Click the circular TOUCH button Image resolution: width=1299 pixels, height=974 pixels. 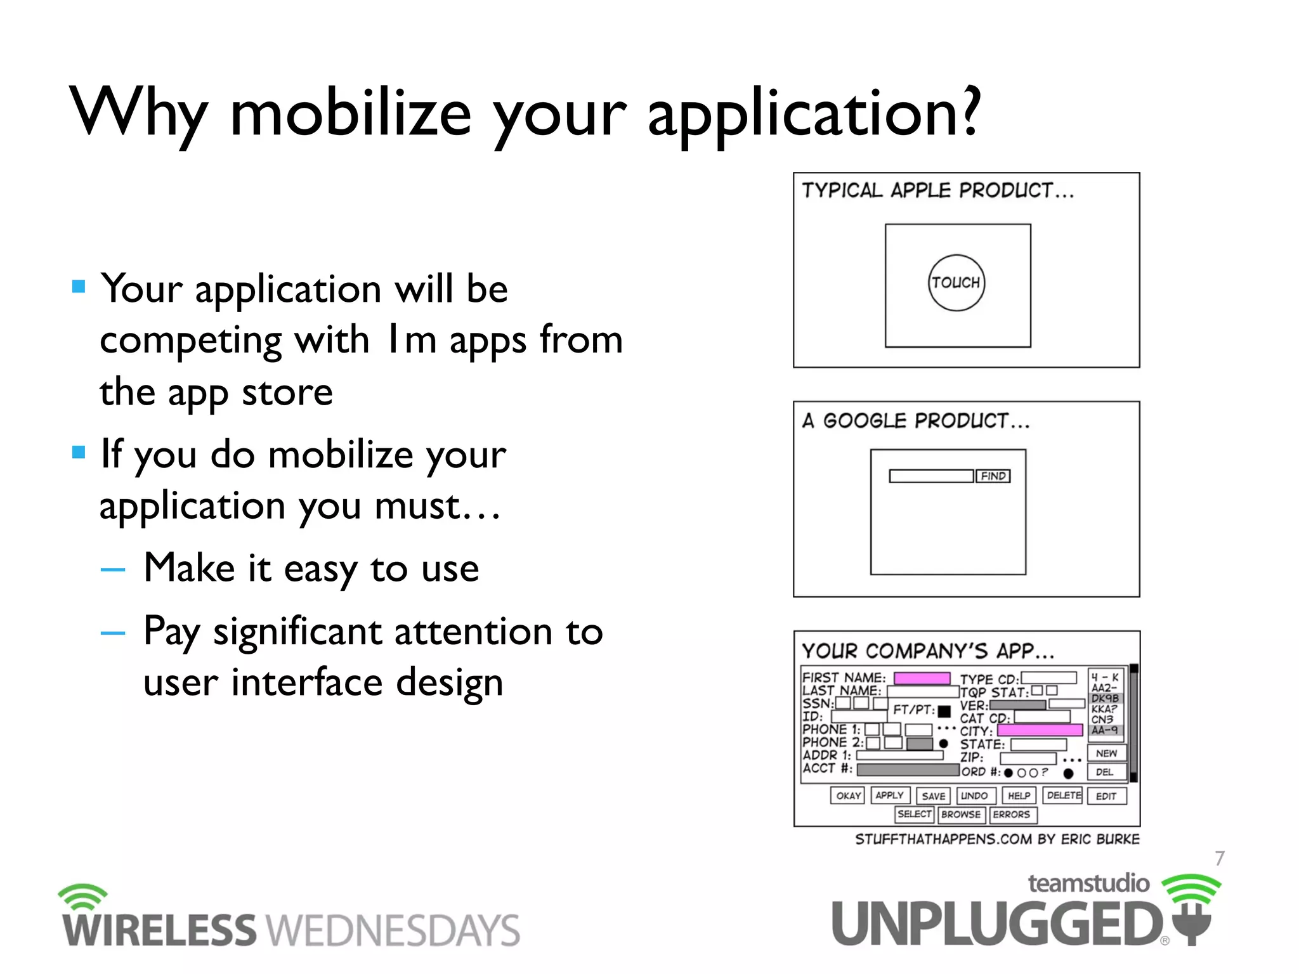[x=956, y=283]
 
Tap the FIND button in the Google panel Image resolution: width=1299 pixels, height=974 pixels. [x=993, y=476]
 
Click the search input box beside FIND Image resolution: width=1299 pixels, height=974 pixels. [x=930, y=476]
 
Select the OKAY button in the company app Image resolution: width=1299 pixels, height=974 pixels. [x=847, y=795]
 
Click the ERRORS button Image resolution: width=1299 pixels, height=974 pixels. [x=1012, y=814]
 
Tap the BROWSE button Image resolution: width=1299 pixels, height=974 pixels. [x=961, y=814]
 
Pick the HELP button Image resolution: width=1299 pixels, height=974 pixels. [x=1019, y=795]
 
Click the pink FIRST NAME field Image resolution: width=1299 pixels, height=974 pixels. [x=922, y=678]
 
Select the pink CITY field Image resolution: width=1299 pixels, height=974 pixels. [x=1040, y=730]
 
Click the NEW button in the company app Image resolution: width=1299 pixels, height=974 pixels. [x=1106, y=753]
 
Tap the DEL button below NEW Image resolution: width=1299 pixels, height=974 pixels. [x=1106, y=772]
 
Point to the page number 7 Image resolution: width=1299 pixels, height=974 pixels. [x=1219, y=858]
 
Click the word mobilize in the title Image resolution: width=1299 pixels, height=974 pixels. [x=350, y=114]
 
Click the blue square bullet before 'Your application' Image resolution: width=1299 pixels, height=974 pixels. [x=79, y=287]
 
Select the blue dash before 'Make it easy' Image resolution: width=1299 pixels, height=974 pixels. [x=113, y=569]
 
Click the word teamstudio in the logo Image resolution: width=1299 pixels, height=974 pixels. [x=1088, y=883]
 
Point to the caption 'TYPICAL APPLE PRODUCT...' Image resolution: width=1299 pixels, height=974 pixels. [x=937, y=190]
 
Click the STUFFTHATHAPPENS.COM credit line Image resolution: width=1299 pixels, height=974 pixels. [x=996, y=839]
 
